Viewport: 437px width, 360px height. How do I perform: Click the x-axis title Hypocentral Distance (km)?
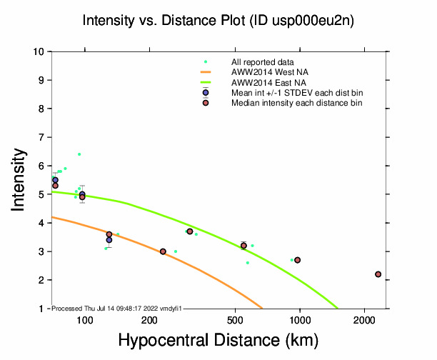(218, 341)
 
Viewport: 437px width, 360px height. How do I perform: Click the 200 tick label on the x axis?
(149, 319)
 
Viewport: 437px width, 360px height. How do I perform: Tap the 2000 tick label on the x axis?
(364, 319)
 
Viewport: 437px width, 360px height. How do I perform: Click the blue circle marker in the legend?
(206, 93)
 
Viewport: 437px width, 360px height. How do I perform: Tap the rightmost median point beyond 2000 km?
(378, 274)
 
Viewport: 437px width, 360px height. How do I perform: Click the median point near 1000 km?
(297, 260)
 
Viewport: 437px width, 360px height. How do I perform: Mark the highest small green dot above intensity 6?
(79, 154)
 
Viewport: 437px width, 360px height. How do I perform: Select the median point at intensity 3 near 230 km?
(163, 251)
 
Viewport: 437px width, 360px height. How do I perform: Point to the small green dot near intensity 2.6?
(248, 263)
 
